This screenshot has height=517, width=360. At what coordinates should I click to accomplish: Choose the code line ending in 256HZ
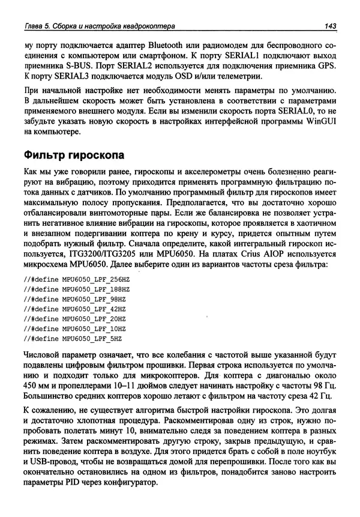[76, 280]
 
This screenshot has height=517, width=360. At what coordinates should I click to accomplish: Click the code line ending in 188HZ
[76, 289]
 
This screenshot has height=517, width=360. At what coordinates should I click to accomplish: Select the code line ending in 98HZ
[74, 299]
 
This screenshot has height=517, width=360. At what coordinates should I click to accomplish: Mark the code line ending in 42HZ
[74, 309]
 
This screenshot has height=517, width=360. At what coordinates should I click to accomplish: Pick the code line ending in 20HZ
[74, 318]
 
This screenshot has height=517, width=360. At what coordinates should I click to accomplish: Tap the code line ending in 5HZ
[73, 337]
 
